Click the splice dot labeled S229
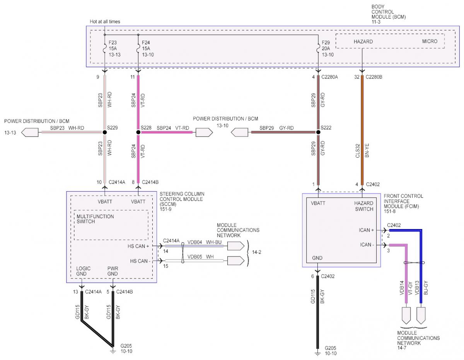tap(105, 132)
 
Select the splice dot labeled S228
tap(138, 132)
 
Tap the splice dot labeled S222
tap(318, 132)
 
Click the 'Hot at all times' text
tap(105, 22)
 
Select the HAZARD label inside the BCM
tap(363, 41)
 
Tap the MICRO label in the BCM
tap(430, 41)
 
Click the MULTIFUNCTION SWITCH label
tap(95, 219)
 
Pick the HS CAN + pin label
tap(138, 246)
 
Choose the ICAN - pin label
tap(367, 245)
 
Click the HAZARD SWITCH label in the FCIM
tap(363, 206)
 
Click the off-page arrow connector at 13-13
tap(30, 132)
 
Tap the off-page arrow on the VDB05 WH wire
tap(236, 261)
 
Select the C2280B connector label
tap(374, 77)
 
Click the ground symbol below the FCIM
tap(317, 354)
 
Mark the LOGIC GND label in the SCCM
tap(83, 271)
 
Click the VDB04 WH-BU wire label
tap(204, 242)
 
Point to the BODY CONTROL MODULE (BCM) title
tap(389, 14)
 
